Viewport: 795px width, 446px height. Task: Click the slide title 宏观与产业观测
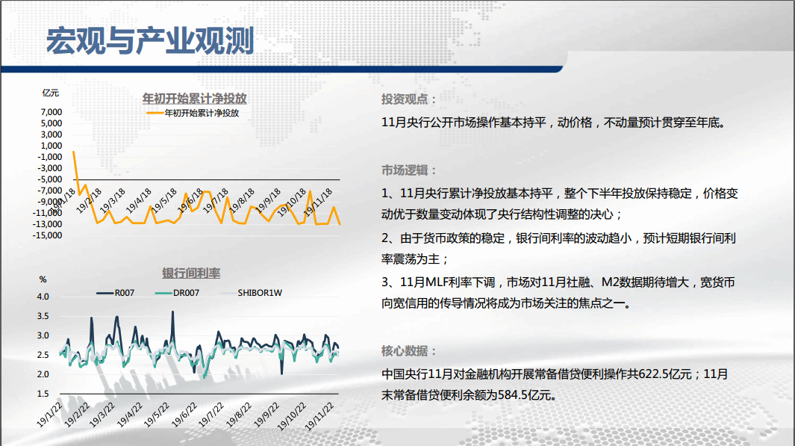tap(150, 41)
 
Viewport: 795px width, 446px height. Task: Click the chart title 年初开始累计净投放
tap(194, 98)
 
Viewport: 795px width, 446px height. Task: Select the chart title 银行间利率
tap(191, 273)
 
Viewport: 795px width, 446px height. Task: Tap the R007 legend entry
tap(116, 293)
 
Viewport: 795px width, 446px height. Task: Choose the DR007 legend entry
tap(177, 293)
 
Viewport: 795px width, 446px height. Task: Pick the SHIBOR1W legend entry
tap(252, 293)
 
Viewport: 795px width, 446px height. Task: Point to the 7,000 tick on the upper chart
tap(52, 112)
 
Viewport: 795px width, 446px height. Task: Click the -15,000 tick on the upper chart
tap(47, 235)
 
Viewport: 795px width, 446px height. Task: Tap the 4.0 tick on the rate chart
tap(43, 297)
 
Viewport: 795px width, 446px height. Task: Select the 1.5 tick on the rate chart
tap(43, 394)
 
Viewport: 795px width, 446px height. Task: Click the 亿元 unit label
tap(51, 93)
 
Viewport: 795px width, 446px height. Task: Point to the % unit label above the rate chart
tap(43, 279)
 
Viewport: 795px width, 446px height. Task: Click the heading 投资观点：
tap(409, 99)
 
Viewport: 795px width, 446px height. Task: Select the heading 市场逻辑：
tap(409, 170)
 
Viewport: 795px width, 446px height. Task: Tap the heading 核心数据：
tap(409, 351)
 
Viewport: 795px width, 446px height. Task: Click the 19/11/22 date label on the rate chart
tap(320, 416)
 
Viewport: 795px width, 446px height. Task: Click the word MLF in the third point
tap(435, 282)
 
